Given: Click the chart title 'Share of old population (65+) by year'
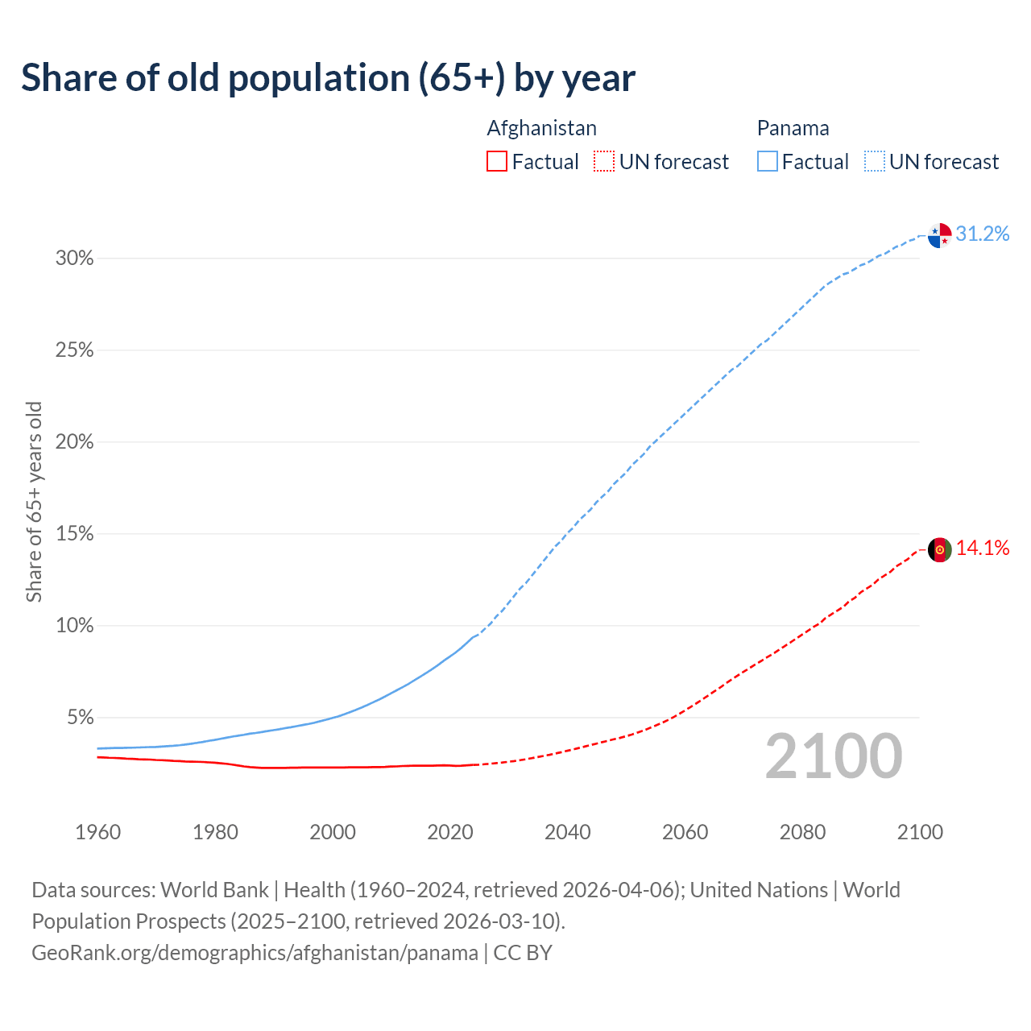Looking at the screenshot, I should click(x=328, y=78).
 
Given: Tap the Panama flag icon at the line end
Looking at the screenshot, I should click(x=939, y=235).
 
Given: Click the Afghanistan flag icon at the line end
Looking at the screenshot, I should click(x=939, y=550).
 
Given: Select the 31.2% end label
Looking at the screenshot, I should click(x=982, y=234).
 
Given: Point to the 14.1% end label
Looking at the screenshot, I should click(x=982, y=549).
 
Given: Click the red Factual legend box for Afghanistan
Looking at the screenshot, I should click(x=497, y=162).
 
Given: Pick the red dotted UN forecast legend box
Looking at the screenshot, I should click(x=604, y=162).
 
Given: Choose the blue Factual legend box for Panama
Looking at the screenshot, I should click(x=768, y=162).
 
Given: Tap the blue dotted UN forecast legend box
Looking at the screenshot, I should click(x=875, y=162).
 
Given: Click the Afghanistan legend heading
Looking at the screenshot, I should click(x=541, y=128).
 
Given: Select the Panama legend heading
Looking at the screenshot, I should click(x=793, y=128).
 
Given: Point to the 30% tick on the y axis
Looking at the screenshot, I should click(x=74, y=259).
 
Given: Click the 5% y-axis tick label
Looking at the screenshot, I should click(x=80, y=718).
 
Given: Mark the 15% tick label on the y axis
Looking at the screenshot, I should click(x=74, y=534).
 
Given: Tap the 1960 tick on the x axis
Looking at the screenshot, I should click(x=97, y=832).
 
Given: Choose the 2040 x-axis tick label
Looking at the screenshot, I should click(x=568, y=832).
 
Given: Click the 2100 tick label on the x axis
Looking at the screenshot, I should click(x=920, y=832).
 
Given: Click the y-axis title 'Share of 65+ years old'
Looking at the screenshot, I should click(x=34, y=502).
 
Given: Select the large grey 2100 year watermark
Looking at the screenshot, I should click(x=833, y=756).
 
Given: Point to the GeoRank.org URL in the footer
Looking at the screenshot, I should click(x=255, y=953).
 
